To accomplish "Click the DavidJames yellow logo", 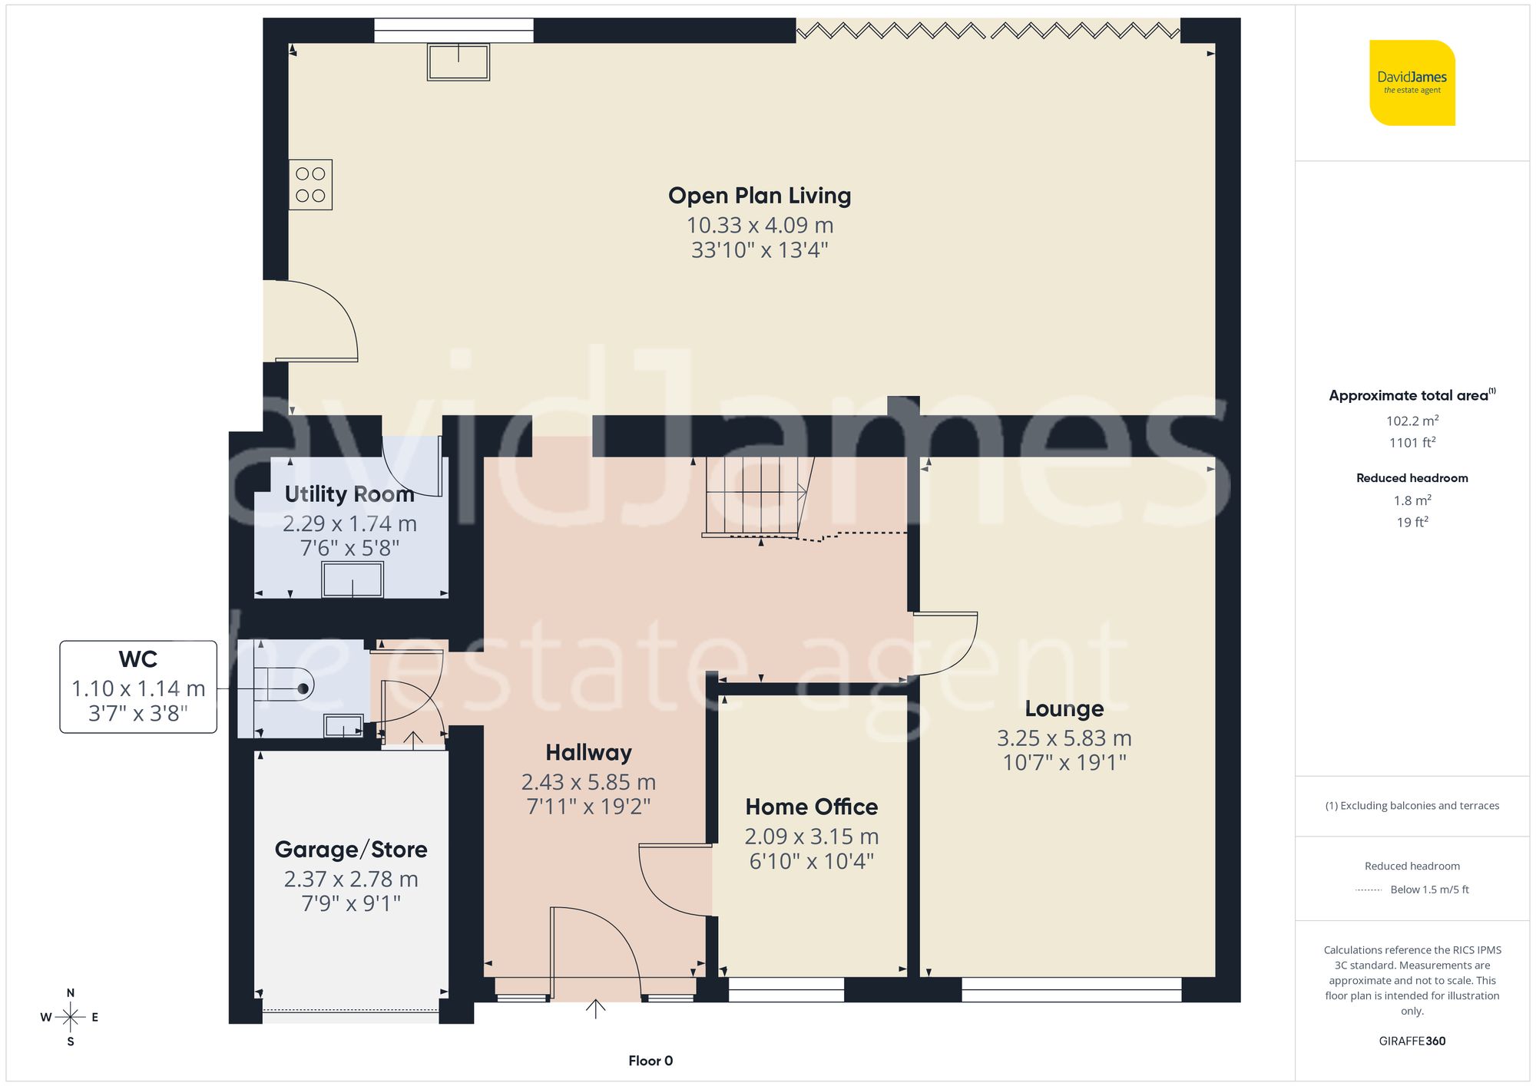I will [1412, 83].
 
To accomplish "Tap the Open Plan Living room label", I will [759, 196].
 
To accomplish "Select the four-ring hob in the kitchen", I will [310, 185].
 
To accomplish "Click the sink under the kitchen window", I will [458, 61].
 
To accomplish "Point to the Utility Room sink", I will [353, 579].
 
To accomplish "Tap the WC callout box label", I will [138, 659].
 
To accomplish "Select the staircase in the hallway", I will [756, 497].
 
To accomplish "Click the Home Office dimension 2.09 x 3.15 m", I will [811, 836].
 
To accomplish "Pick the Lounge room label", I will [1064, 708].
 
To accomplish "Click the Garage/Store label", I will [351, 850].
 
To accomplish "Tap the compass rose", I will [70, 1018].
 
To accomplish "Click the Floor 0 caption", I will [650, 1061].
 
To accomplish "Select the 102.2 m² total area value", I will [1412, 421].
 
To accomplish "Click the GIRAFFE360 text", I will [1412, 1041].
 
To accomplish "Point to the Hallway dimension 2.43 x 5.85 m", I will [588, 782].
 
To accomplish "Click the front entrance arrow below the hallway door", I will [595, 1008].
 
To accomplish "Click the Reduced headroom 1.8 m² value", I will [1412, 500].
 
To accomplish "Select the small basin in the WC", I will [343, 725].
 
